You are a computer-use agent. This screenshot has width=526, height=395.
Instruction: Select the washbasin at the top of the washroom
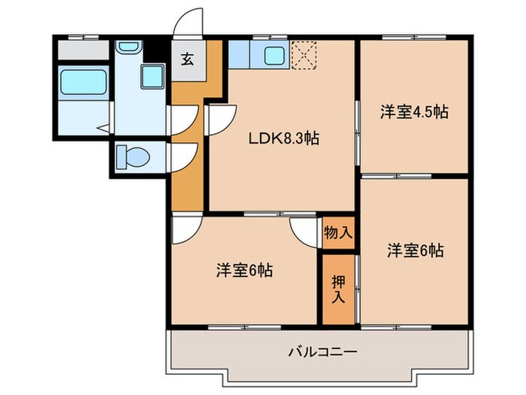(x=129, y=47)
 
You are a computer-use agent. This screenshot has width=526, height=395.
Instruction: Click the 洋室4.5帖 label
(x=413, y=112)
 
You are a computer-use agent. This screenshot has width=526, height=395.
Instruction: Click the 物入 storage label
(x=337, y=232)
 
